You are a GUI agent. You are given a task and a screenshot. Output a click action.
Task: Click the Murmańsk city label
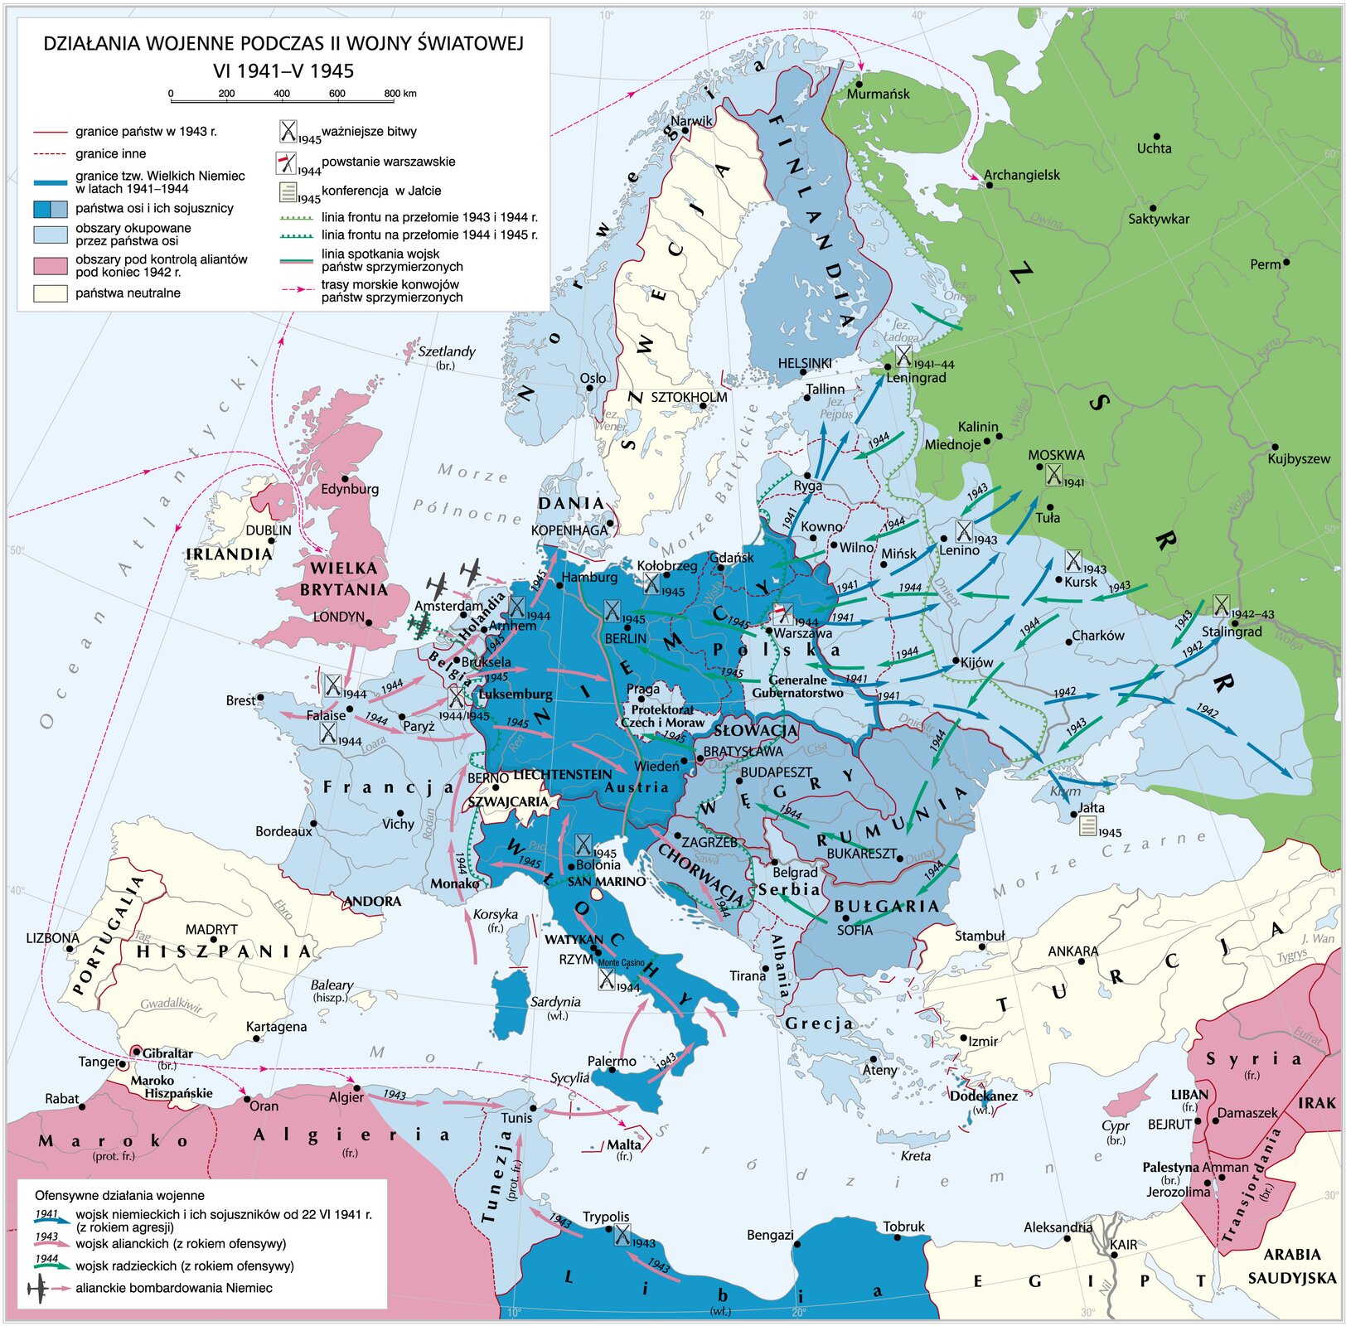click(x=878, y=94)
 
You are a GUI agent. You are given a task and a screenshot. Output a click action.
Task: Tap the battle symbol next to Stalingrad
click(x=1220, y=606)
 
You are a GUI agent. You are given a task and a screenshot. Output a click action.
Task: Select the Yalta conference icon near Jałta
click(x=1087, y=825)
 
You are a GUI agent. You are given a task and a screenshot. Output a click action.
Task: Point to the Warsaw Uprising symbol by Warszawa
click(x=782, y=614)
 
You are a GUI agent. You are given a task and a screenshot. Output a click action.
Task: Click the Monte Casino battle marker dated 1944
click(x=607, y=980)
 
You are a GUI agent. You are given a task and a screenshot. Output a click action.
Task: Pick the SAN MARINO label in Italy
click(x=606, y=881)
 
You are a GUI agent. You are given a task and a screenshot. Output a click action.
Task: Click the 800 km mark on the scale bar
click(x=392, y=94)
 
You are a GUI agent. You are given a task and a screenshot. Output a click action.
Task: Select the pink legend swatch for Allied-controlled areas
click(x=50, y=265)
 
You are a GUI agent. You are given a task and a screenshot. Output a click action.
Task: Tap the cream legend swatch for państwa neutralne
click(x=50, y=293)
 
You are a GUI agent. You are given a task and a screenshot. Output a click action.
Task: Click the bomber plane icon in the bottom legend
click(x=38, y=1289)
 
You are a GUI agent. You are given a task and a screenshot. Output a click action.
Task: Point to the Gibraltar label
click(x=167, y=1053)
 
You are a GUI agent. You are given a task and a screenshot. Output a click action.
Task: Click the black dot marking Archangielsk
click(x=989, y=185)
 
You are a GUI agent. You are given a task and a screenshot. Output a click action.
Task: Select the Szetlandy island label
click(x=447, y=351)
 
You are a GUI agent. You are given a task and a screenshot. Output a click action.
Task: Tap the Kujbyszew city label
click(x=1298, y=458)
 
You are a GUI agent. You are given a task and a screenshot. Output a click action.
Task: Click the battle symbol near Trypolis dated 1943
click(x=621, y=1234)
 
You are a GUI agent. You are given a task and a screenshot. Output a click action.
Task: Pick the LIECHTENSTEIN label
click(x=563, y=774)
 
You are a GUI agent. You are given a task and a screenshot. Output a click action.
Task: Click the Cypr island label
click(x=1116, y=1125)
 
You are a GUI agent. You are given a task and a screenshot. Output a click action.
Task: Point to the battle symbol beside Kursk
click(x=1072, y=561)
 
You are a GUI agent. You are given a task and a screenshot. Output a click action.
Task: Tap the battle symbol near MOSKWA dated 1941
click(x=1053, y=474)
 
